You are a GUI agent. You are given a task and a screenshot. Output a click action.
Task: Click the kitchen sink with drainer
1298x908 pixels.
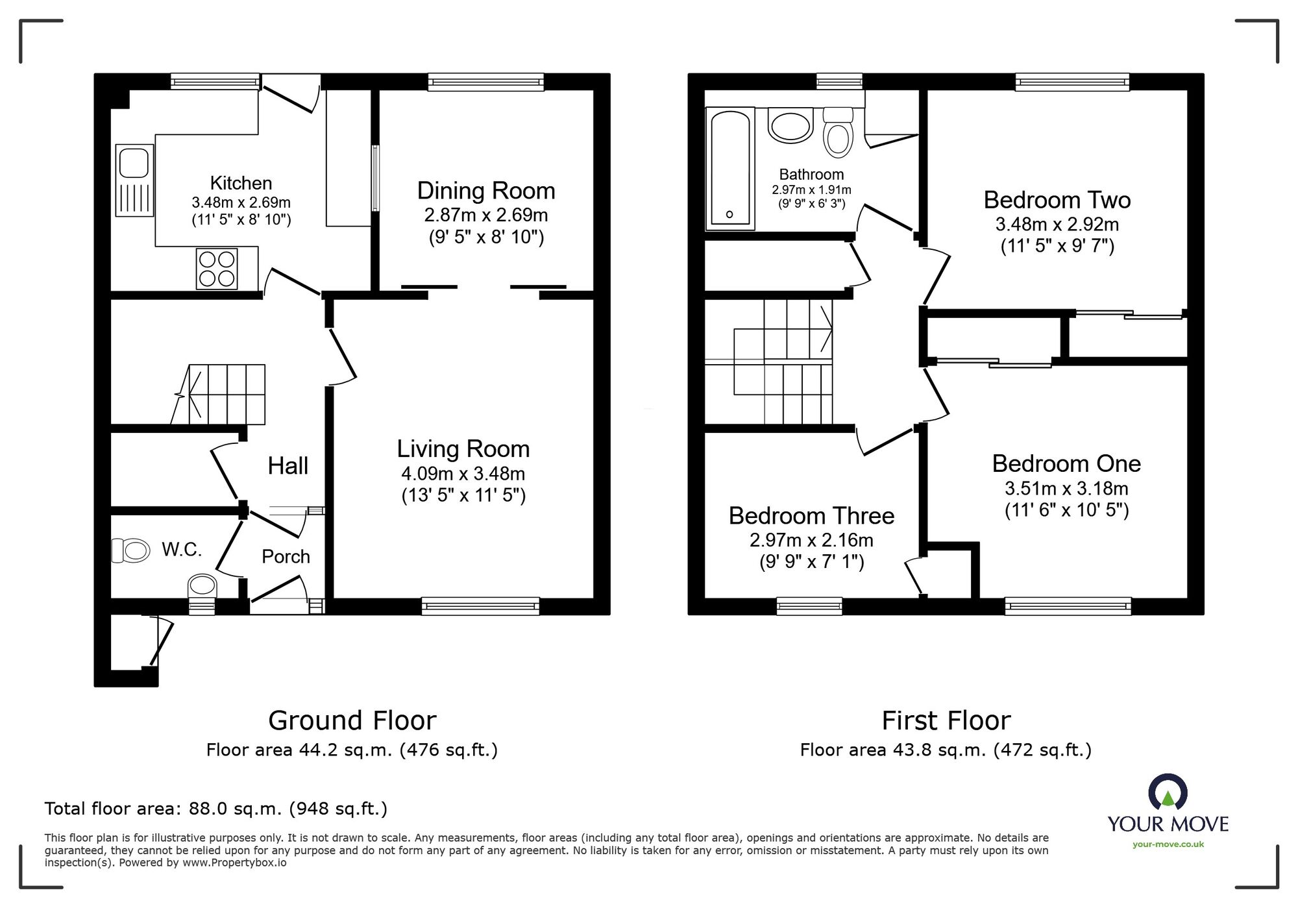click(135, 180)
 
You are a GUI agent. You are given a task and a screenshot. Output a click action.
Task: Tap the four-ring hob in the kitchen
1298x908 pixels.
click(217, 269)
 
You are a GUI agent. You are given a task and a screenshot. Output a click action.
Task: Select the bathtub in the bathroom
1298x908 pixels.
click(730, 169)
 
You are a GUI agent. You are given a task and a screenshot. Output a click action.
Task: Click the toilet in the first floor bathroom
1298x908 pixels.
click(838, 132)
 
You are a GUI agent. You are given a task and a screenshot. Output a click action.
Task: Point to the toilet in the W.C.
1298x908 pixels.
click(130, 550)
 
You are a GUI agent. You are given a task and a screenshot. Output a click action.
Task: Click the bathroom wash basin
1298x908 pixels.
click(790, 125)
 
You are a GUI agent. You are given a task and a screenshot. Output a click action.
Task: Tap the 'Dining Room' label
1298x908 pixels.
click(486, 191)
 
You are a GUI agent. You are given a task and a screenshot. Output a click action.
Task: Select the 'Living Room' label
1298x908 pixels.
click(463, 449)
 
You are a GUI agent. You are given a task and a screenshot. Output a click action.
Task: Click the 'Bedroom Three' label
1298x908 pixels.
click(811, 516)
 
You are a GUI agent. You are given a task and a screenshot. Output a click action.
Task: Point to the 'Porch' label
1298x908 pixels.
click(286, 557)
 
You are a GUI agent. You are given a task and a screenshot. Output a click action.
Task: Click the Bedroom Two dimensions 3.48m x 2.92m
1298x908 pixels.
click(1057, 225)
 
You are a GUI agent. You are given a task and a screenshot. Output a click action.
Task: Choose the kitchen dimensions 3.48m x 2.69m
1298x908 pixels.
click(241, 202)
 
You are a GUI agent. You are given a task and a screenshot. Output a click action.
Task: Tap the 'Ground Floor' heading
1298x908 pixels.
click(352, 720)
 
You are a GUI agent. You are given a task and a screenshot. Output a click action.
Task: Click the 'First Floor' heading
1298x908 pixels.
click(946, 720)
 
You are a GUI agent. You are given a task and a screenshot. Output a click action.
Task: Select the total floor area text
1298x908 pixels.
click(216, 809)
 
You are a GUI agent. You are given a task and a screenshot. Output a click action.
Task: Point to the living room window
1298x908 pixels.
click(480, 606)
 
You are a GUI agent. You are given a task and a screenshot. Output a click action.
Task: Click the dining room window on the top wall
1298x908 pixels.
click(486, 82)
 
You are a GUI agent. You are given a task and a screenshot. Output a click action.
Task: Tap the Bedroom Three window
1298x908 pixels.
click(809, 606)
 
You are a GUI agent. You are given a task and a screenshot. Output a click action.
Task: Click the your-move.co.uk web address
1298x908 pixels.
click(1168, 844)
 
